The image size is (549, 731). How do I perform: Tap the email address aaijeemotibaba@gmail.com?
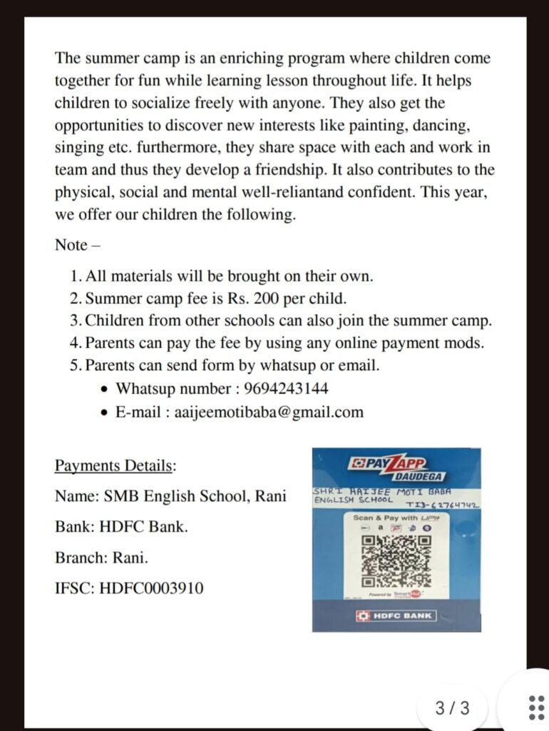pyautogui.click(x=269, y=412)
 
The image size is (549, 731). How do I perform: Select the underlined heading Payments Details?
pyautogui.click(x=114, y=466)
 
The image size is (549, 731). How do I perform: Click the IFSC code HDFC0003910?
pyautogui.click(x=151, y=588)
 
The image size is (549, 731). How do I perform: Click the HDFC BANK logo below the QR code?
pyautogui.click(x=394, y=615)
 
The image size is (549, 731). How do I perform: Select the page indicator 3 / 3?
pyautogui.click(x=452, y=708)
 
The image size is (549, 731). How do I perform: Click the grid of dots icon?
pyautogui.click(x=536, y=707)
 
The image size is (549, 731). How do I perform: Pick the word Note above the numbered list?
pyautogui.click(x=71, y=245)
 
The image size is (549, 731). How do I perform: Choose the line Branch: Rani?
pyautogui.click(x=101, y=558)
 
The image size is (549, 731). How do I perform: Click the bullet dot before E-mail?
pyautogui.click(x=105, y=413)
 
